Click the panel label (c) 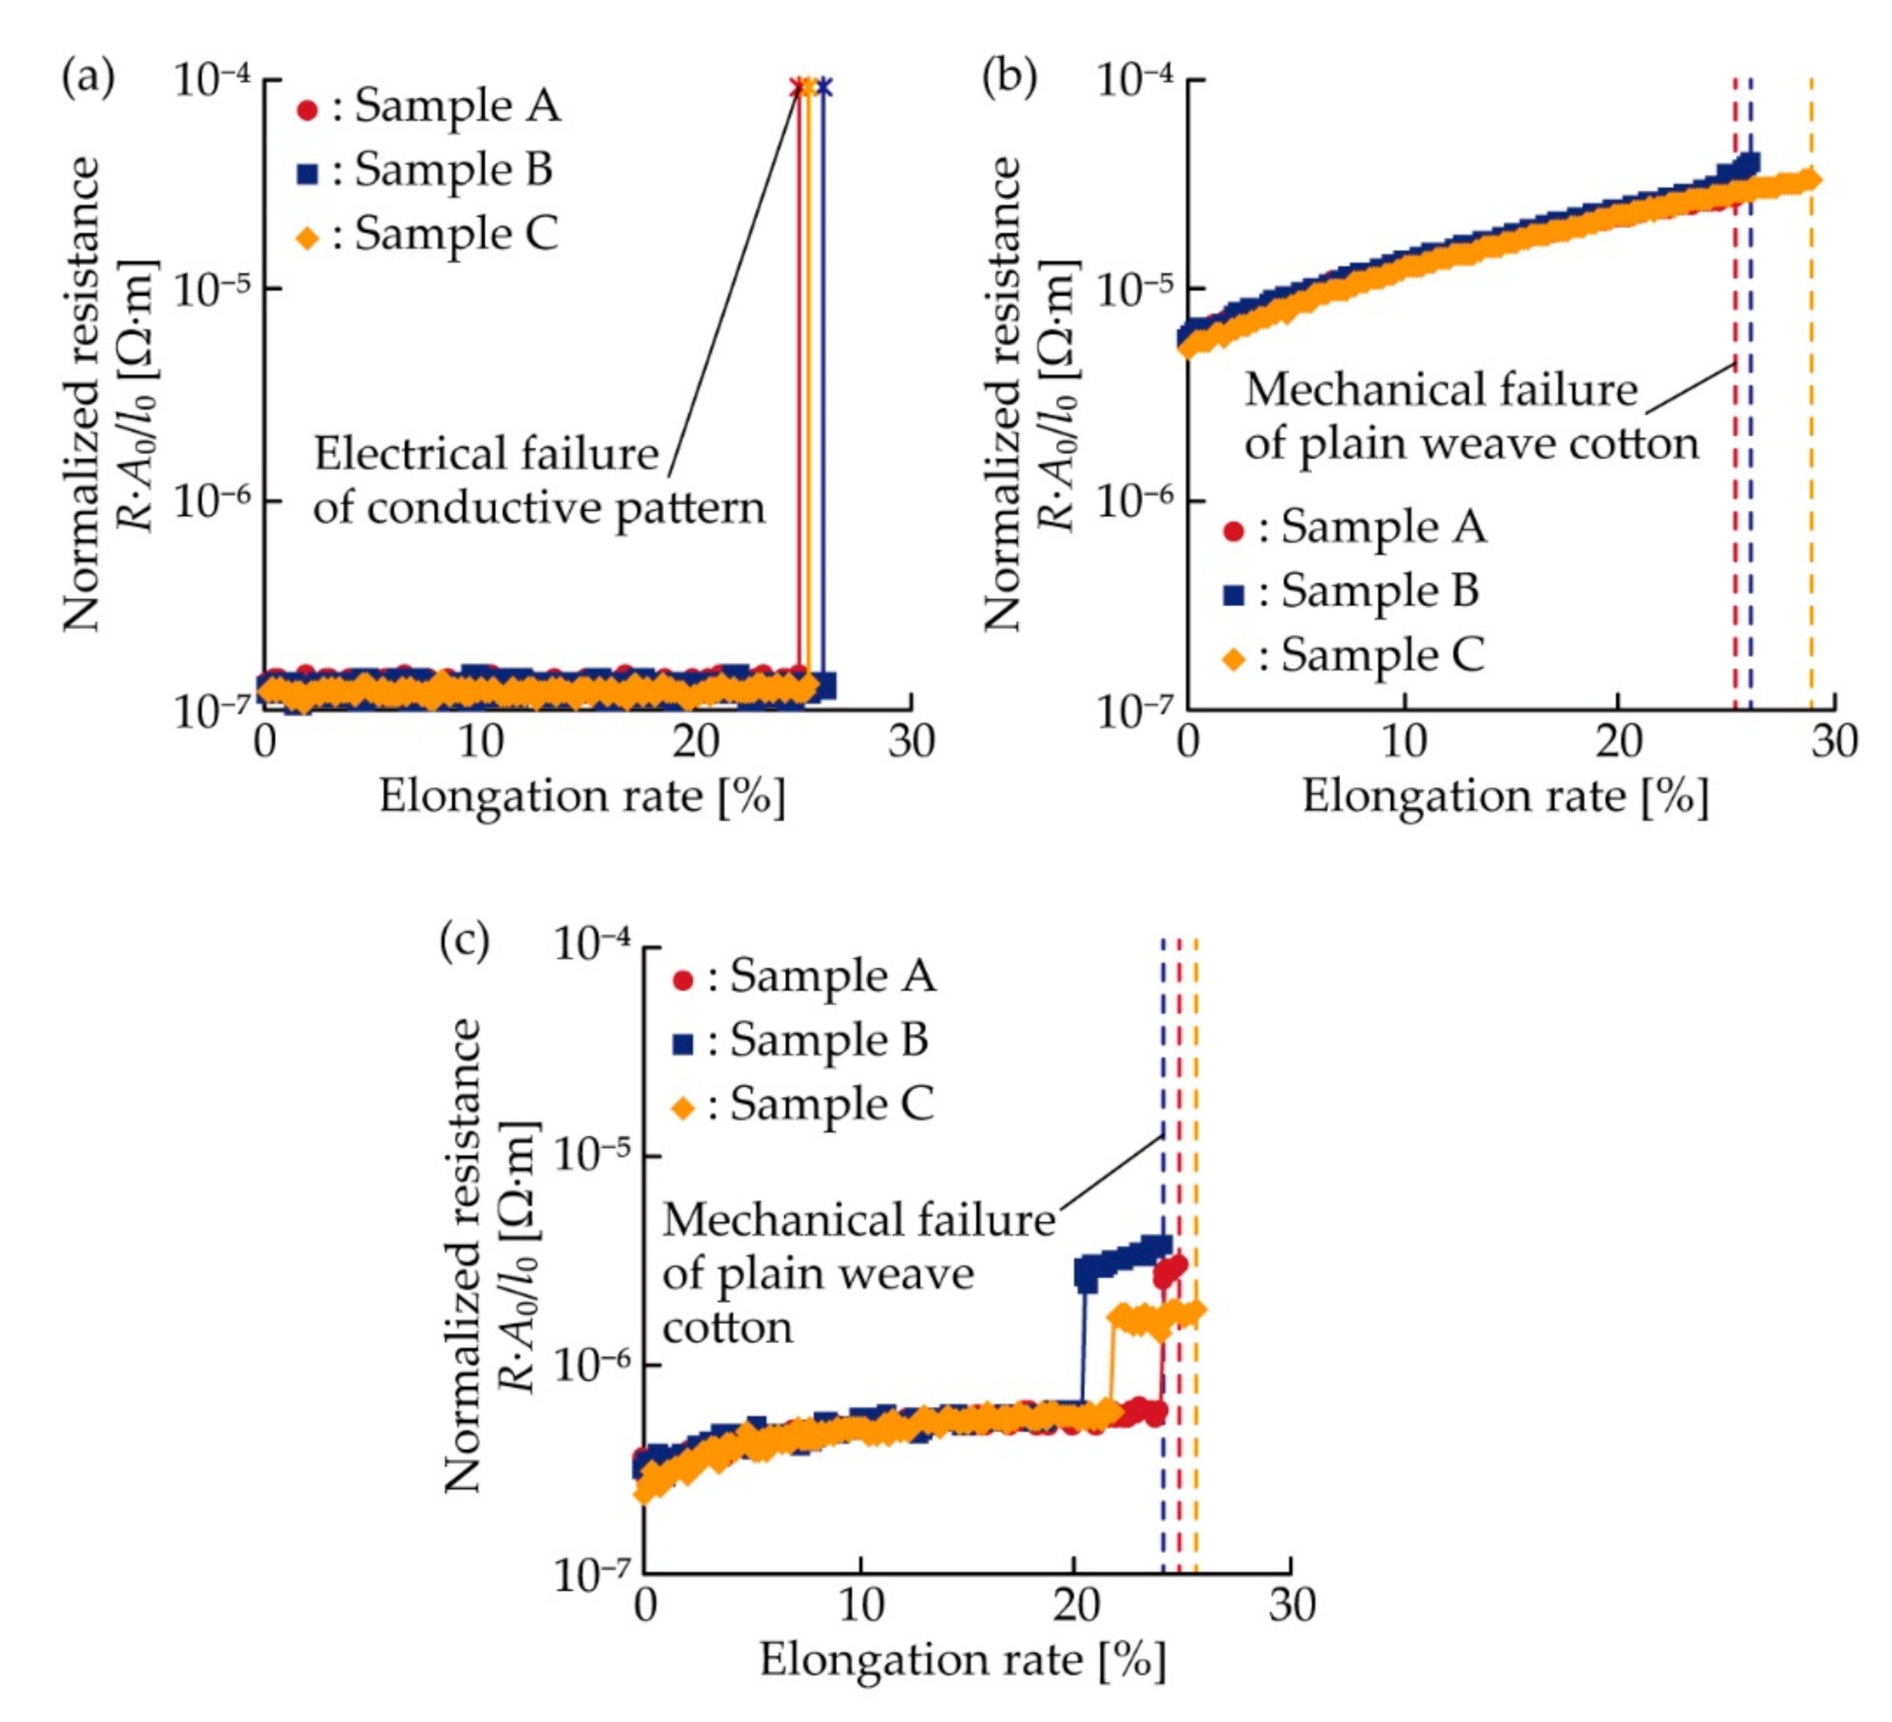coord(465,941)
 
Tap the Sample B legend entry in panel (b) coord(1352,592)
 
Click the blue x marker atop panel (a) coord(824,87)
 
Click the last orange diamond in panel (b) coord(1812,180)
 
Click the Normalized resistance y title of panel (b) coord(1002,394)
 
